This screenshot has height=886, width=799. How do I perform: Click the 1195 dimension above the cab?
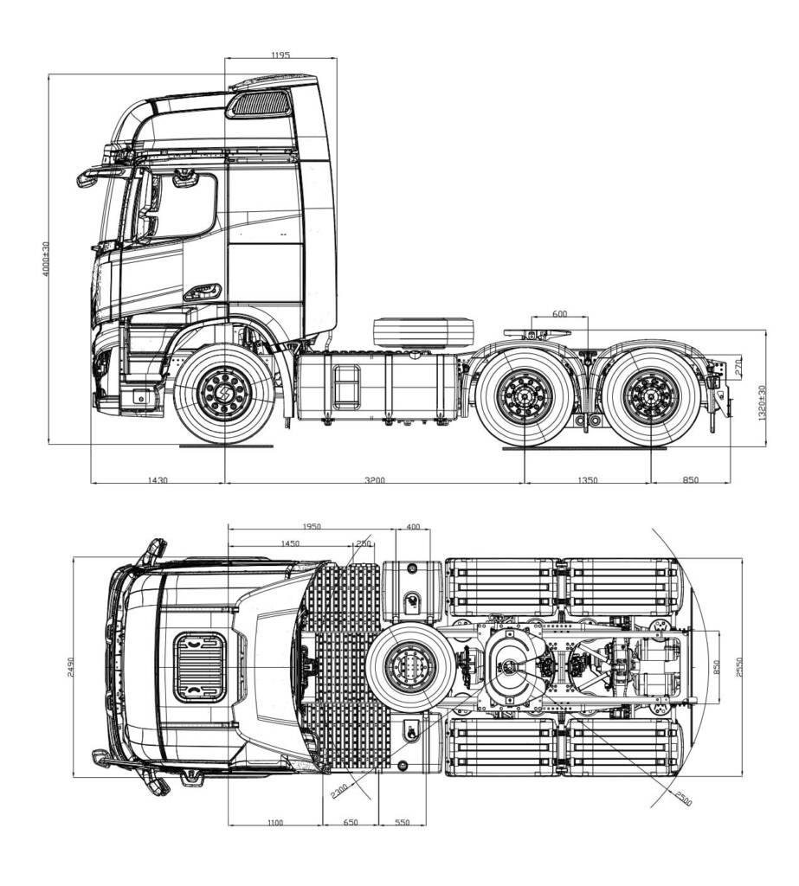tap(280, 55)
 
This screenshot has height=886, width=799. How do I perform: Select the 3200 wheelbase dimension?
tap(374, 480)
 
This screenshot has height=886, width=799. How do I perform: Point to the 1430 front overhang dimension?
tap(158, 480)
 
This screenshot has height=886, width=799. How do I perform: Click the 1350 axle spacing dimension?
tap(588, 480)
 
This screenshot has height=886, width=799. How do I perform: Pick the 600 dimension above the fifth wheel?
tap(559, 314)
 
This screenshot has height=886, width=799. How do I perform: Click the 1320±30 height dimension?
tap(762, 402)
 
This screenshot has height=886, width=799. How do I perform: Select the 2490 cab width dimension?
tap(70, 667)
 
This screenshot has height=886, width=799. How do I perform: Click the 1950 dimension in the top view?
tap(312, 527)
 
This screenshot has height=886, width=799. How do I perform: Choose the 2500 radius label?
tap(682, 799)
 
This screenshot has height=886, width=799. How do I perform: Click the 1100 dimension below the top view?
tap(274, 823)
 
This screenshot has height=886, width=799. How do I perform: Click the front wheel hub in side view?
tap(224, 394)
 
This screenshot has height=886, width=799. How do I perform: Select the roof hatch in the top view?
tap(199, 667)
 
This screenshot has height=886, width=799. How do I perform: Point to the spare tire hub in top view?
tap(410, 667)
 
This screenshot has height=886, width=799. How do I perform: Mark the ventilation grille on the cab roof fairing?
tap(259, 104)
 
